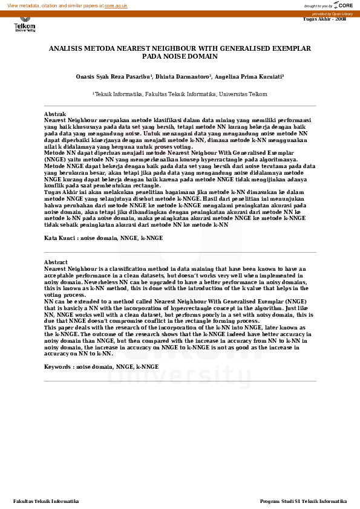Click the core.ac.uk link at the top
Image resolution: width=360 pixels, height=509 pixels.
(116, 5)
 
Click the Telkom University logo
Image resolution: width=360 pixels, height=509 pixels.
(25, 26)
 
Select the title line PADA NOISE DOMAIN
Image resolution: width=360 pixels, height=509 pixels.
(180, 56)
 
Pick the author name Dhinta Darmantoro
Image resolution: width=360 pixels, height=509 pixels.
(182, 77)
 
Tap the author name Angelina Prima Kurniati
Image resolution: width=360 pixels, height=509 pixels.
(248, 77)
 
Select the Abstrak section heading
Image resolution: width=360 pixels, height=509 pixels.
(55, 114)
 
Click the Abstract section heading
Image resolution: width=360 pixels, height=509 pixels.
(56, 262)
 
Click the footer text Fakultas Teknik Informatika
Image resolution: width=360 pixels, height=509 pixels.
(46, 501)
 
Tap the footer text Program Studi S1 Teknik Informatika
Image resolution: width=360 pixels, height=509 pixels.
(303, 501)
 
